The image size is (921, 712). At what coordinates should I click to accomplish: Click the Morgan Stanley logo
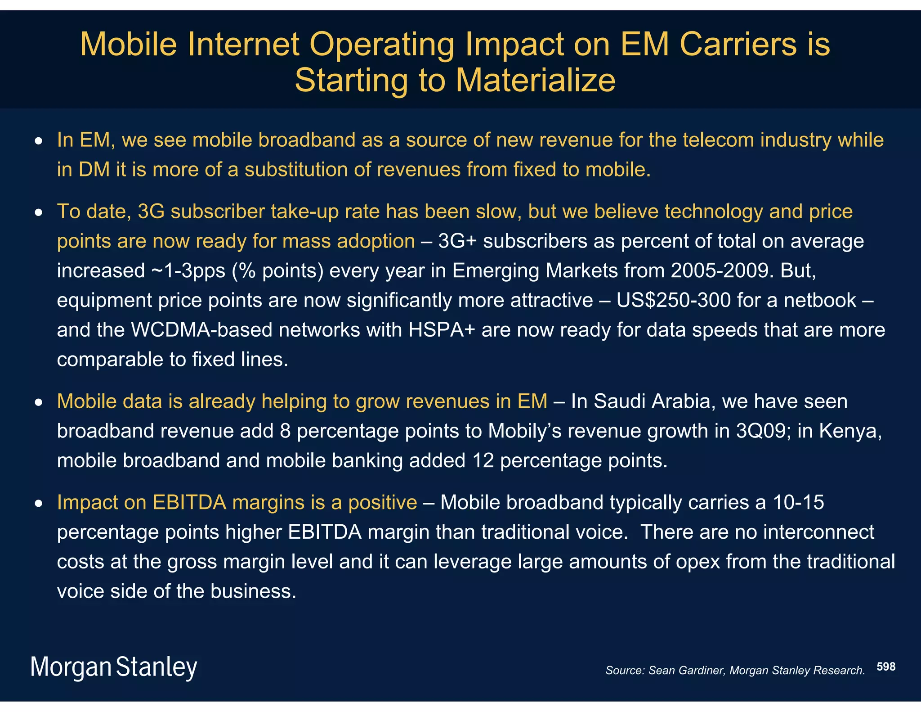pos(114,667)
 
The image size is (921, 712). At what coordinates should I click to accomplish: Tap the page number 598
pos(886,667)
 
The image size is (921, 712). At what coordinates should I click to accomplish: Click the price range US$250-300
pos(673,300)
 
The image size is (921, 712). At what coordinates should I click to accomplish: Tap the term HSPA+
pos(442,330)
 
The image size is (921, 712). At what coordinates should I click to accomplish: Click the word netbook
pos(820,300)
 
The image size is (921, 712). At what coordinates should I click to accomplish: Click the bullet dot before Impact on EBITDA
pos(39,504)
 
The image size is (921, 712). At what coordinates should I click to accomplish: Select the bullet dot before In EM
pos(39,141)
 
